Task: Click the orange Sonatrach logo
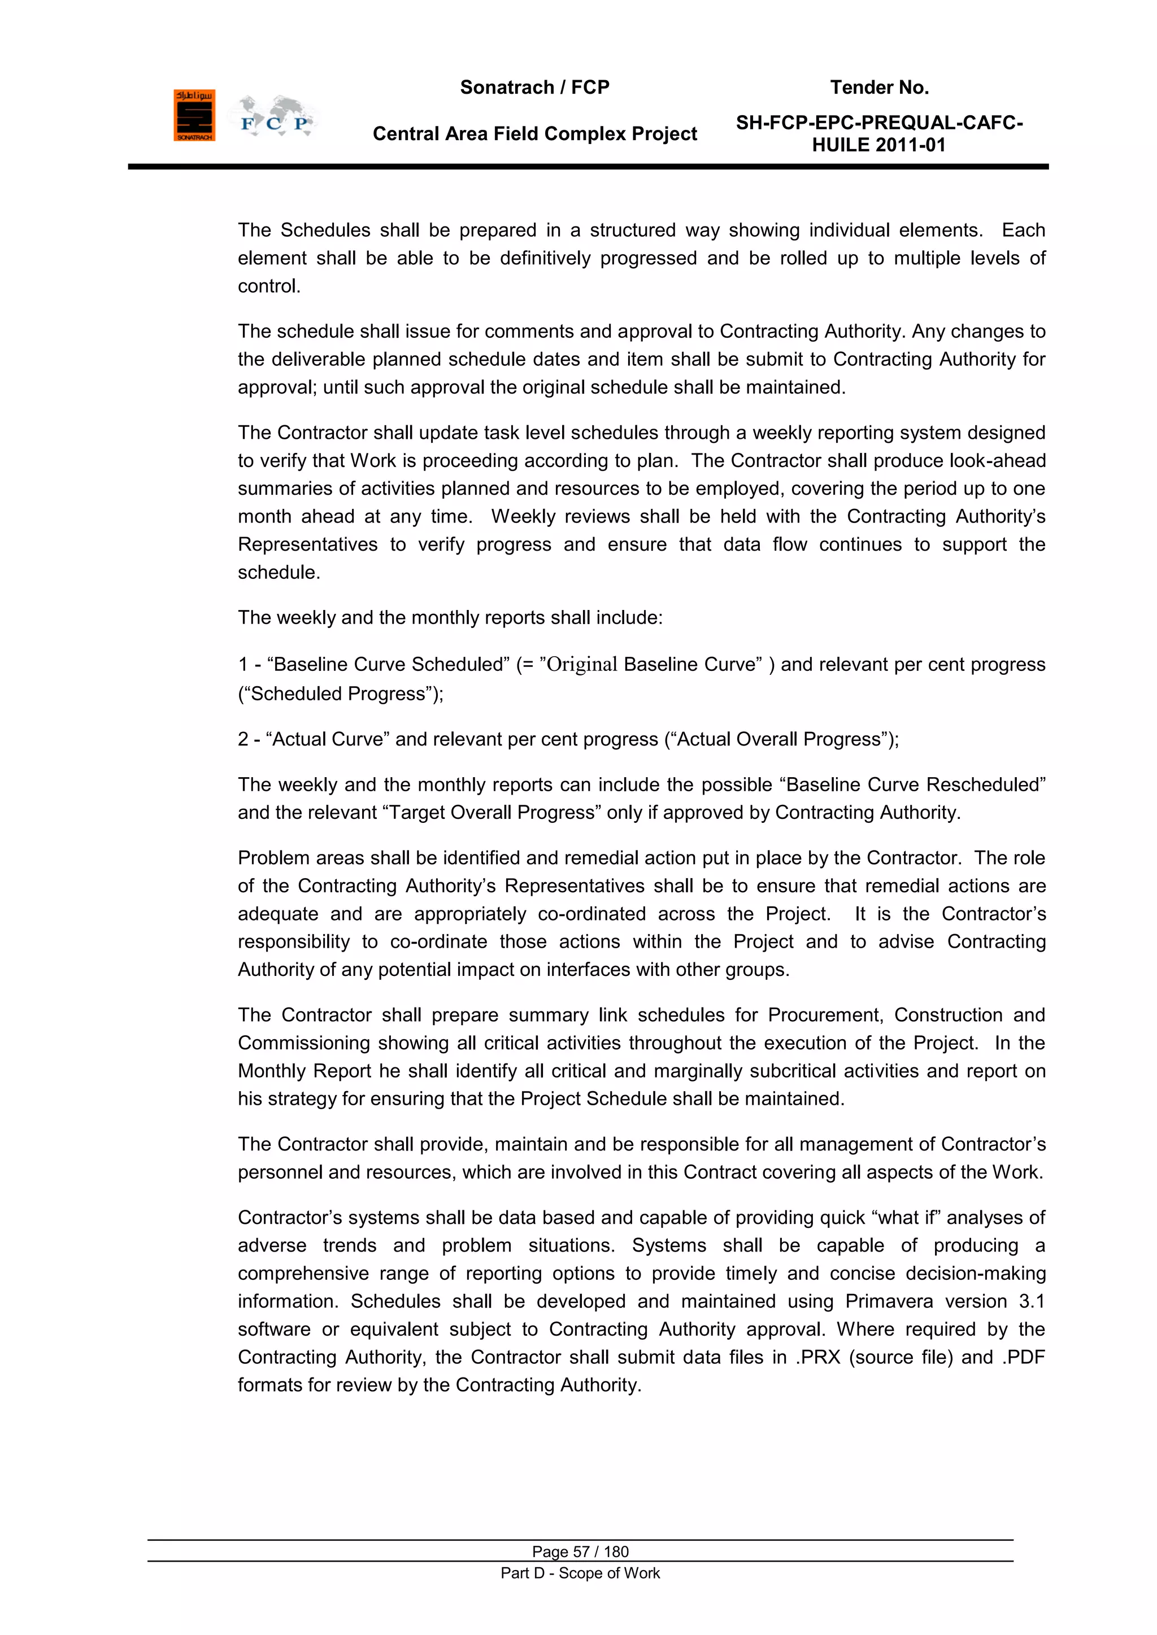(x=194, y=115)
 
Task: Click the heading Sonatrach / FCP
(x=534, y=88)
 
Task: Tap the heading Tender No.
(x=879, y=88)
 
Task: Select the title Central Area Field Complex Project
(x=534, y=134)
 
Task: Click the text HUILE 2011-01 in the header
(x=878, y=145)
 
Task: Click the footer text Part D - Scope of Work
(x=580, y=1573)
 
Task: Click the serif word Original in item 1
(x=581, y=664)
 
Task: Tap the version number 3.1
(x=1031, y=1301)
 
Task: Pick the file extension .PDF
(x=1023, y=1357)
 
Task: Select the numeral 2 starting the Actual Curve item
(x=243, y=739)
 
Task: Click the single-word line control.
(x=268, y=286)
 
